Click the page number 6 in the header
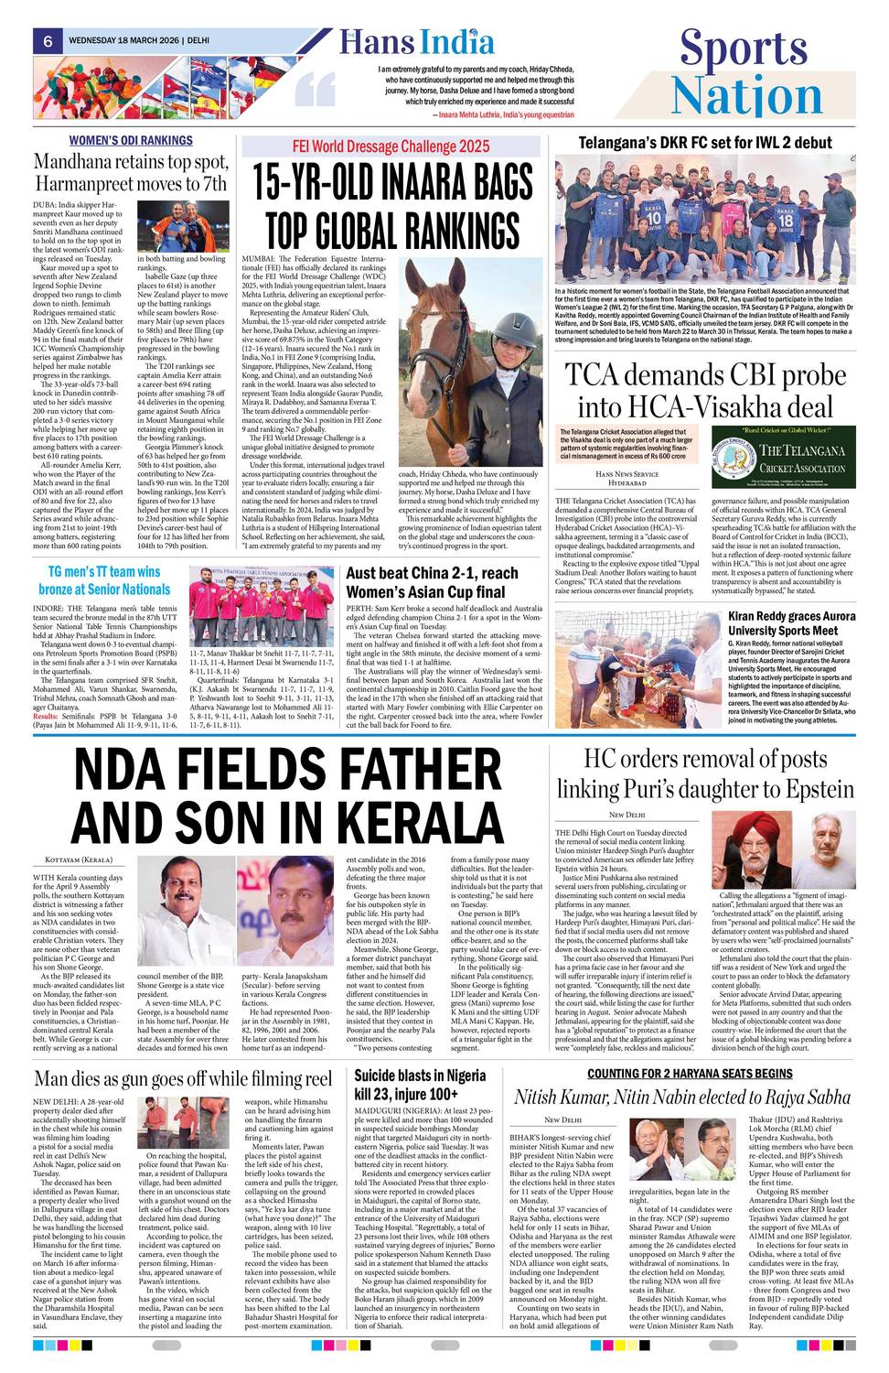tap(47, 41)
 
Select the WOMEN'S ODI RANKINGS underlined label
tap(131, 140)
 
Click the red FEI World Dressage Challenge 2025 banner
tap(391, 146)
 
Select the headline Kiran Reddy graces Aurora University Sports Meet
tap(791, 623)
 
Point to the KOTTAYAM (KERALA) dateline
tap(79, 860)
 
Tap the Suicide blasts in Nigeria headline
tap(419, 1084)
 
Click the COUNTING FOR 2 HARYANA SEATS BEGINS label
tap(690, 1073)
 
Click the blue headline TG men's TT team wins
tap(104, 580)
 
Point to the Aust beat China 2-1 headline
tap(432, 582)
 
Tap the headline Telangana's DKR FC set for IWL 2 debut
tap(704, 142)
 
